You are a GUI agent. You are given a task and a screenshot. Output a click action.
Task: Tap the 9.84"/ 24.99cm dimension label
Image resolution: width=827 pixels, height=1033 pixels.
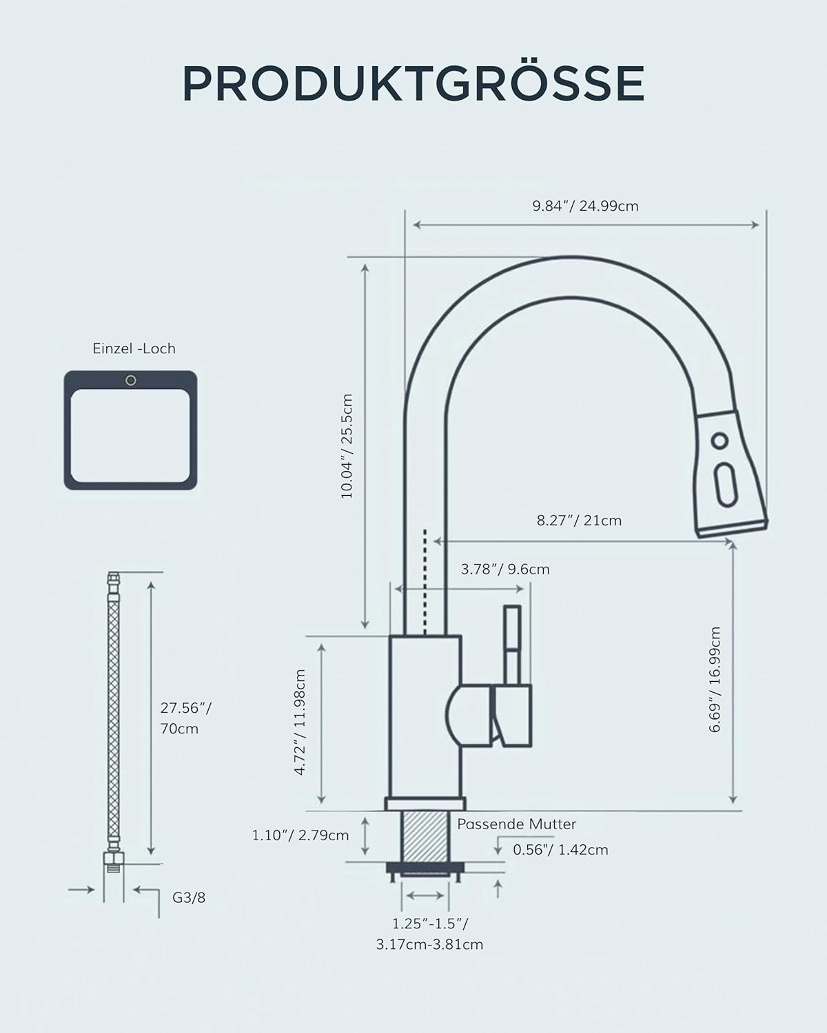click(x=585, y=206)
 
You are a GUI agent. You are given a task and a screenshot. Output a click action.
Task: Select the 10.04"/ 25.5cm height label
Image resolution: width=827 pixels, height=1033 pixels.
click(x=347, y=446)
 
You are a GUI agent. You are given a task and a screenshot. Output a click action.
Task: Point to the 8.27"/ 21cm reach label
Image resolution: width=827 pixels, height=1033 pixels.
click(x=579, y=521)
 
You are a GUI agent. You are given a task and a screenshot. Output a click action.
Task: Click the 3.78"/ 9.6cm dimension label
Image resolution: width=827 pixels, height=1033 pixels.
click(x=505, y=569)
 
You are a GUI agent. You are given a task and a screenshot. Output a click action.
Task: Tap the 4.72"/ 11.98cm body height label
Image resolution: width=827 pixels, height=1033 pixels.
click(x=300, y=722)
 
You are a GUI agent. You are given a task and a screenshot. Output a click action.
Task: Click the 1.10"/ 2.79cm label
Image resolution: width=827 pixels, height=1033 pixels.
click(x=300, y=835)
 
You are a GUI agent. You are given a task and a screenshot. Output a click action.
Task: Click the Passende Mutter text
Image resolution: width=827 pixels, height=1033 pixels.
click(x=516, y=824)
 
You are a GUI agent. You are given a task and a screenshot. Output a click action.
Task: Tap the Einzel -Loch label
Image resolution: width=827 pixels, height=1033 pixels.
click(x=134, y=348)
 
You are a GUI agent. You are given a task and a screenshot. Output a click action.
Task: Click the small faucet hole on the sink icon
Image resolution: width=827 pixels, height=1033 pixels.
click(x=131, y=380)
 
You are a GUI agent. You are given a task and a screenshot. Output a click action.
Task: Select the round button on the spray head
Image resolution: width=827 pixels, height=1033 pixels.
click(x=719, y=440)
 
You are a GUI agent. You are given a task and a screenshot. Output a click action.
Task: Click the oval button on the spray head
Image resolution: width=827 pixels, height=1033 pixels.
click(x=726, y=486)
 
